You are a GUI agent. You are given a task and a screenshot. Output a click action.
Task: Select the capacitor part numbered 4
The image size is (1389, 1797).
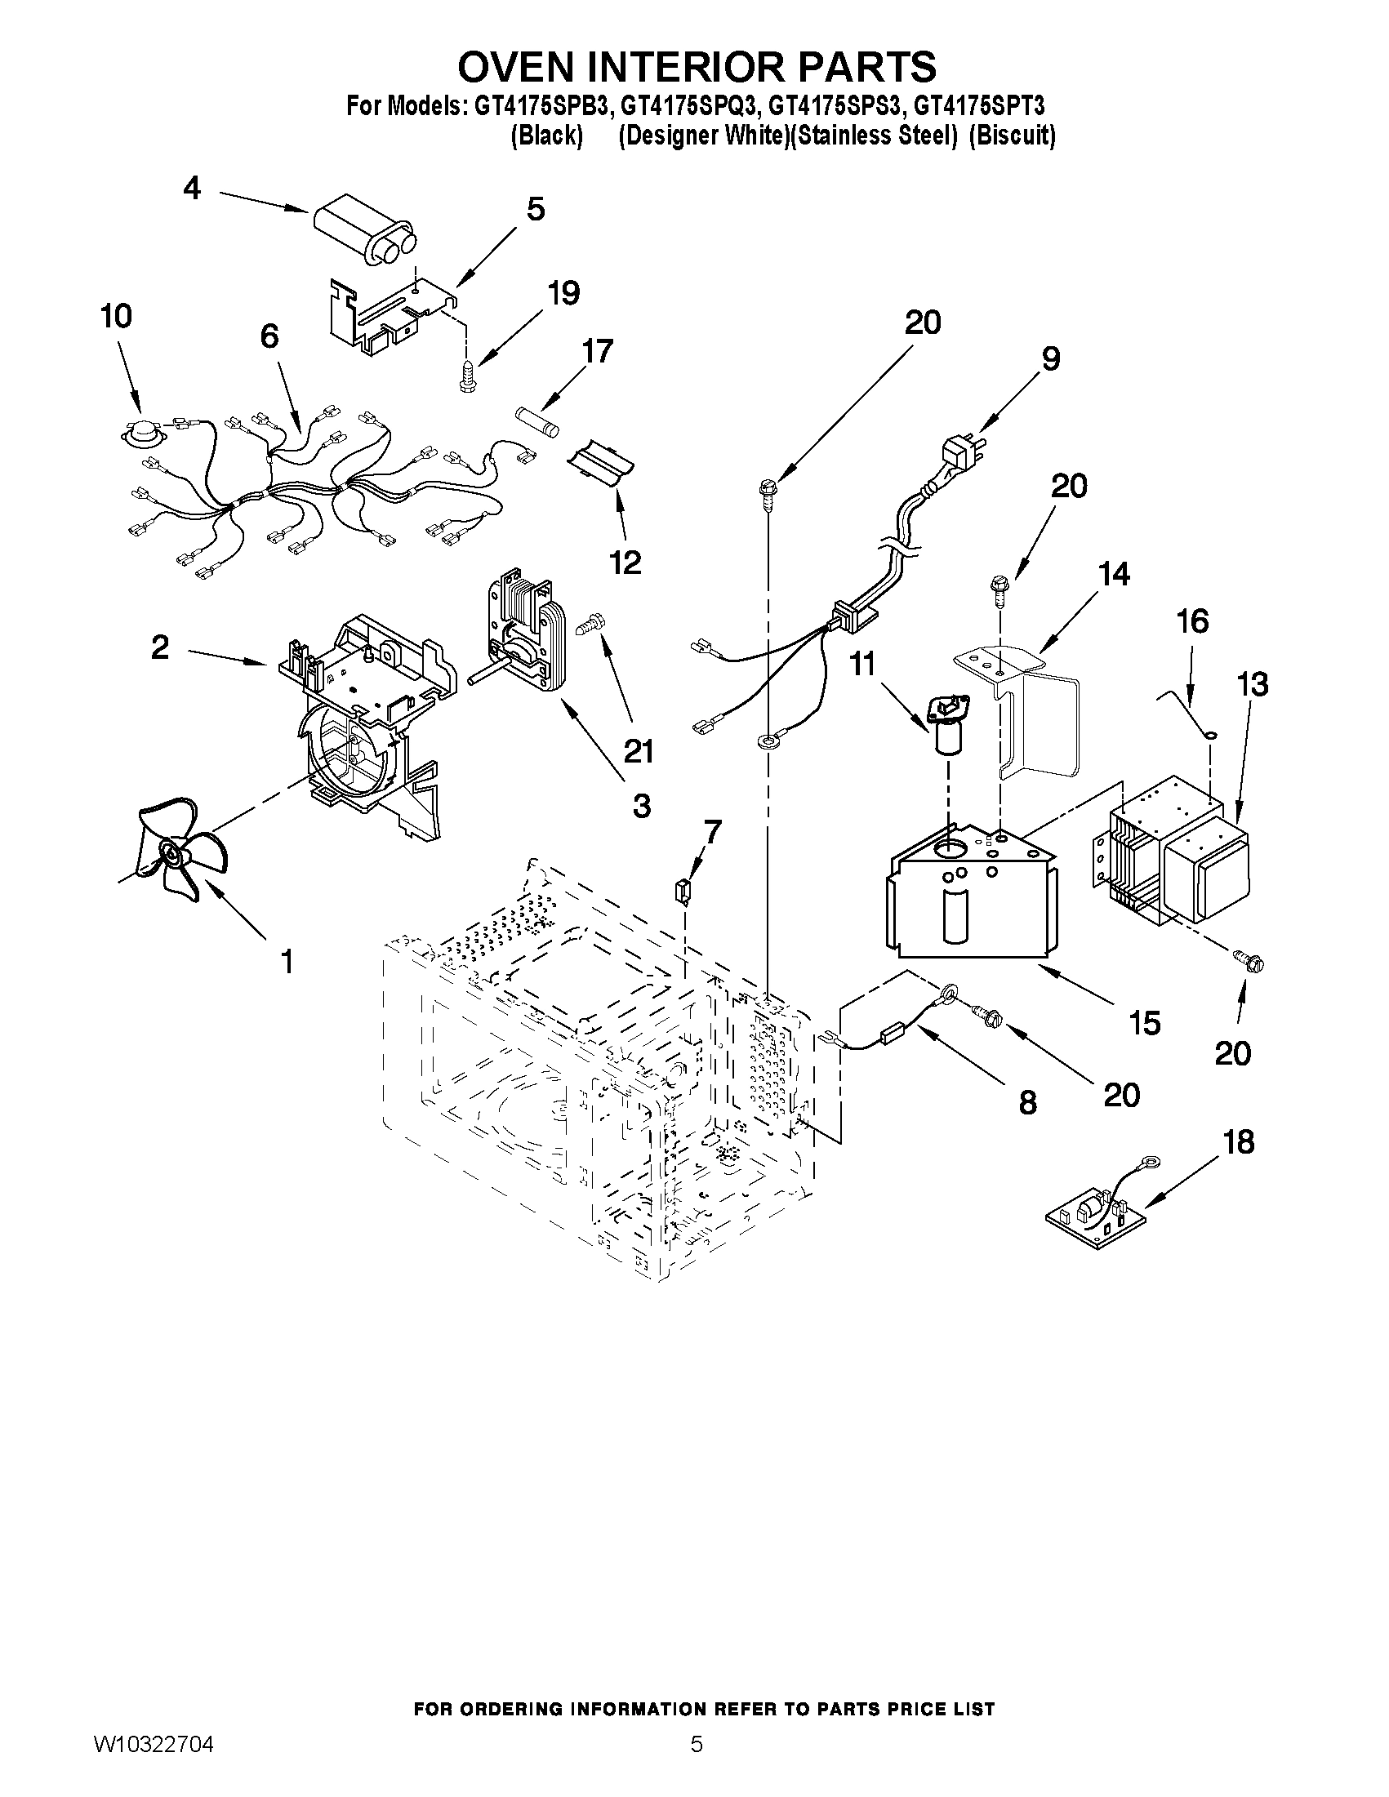pos(362,234)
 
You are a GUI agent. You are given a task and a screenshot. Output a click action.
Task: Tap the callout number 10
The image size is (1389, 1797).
pos(116,315)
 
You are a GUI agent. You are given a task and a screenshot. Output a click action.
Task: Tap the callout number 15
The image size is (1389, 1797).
pos(1145,1023)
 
